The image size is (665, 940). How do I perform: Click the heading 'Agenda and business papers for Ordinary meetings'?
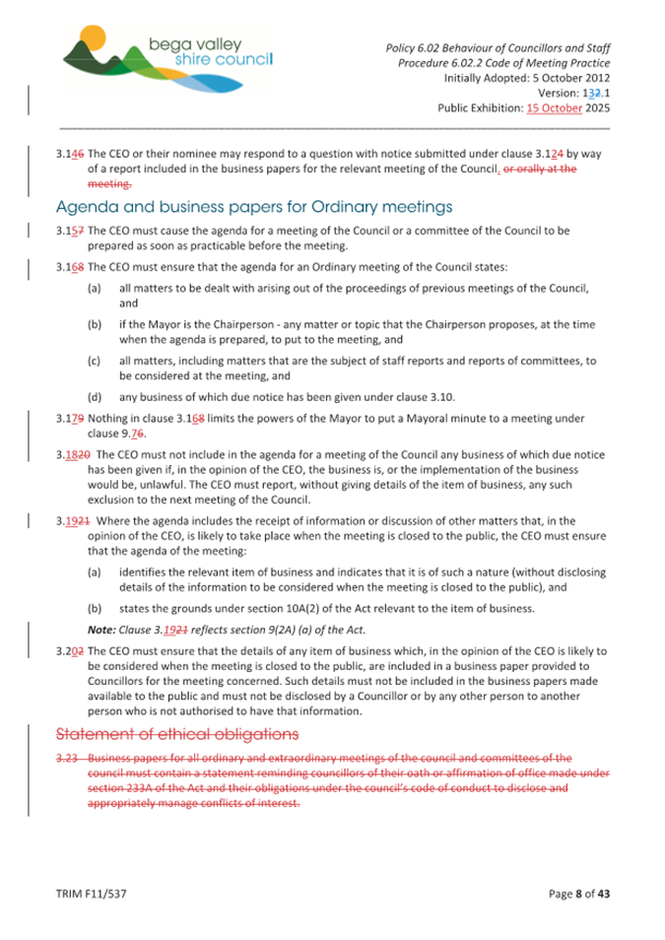(254, 207)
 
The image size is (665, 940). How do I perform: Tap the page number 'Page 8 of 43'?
(579, 895)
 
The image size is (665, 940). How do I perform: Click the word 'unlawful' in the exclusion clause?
(151, 486)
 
